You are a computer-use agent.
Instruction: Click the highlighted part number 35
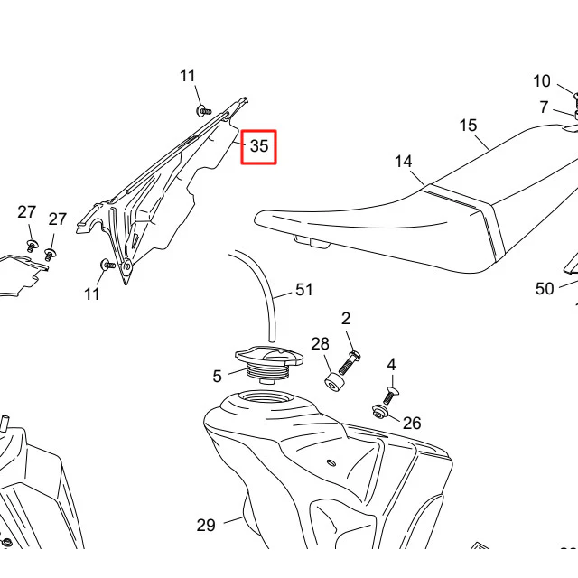(259, 146)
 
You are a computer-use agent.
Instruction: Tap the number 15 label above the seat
(468, 126)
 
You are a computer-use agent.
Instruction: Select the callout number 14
(404, 162)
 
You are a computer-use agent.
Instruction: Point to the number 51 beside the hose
(304, 290)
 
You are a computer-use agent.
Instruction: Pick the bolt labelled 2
(349, 362)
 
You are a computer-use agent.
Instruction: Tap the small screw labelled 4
(391, 395)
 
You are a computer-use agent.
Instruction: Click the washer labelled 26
(379, 411)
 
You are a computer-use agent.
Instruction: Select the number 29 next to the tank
(206, 525)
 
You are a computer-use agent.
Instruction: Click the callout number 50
(545, 289)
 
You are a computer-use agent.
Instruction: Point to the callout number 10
(542, 81)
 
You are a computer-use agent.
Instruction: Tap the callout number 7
(544, 107)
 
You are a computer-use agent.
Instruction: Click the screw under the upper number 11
(204, 110)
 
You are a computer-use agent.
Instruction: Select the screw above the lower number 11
(107, 265)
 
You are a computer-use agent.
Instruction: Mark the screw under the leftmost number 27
(33, 245)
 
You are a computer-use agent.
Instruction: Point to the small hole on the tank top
(331, 462)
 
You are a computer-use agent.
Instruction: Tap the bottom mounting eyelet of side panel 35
(127, 266)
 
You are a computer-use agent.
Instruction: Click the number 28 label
(320, 344)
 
